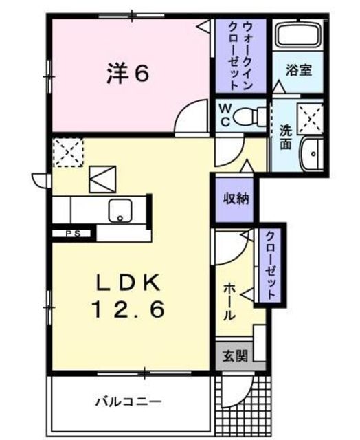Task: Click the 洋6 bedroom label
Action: pos(127,73)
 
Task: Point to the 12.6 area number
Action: pos(128,311)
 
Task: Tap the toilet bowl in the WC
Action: pos(248,118)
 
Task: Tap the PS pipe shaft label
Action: pos(72,234)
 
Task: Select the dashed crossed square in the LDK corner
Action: pos(67,152)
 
